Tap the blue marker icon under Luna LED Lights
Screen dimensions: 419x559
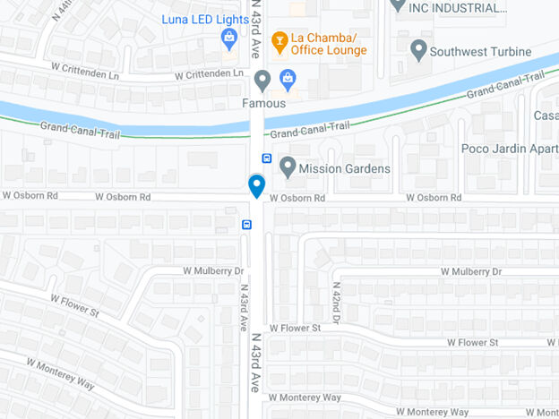coord(229,38)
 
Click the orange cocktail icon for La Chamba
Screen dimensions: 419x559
coord(279,39)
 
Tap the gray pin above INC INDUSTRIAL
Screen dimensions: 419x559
coord(399,4)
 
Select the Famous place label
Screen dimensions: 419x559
coord(263,103)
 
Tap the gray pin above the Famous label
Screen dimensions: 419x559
coord(262,81)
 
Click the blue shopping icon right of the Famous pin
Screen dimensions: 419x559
coord(287,80)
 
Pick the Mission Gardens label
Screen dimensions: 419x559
coord(345,168)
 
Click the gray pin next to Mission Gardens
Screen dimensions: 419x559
coord(288,167)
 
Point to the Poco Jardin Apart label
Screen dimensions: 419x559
coord(509,149)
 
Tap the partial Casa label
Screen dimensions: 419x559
coord(546,116)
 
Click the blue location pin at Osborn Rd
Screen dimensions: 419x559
coord(256,186)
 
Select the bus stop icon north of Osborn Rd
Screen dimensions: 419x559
coord(267,158)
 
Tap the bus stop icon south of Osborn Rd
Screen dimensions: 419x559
coord(245,224)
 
